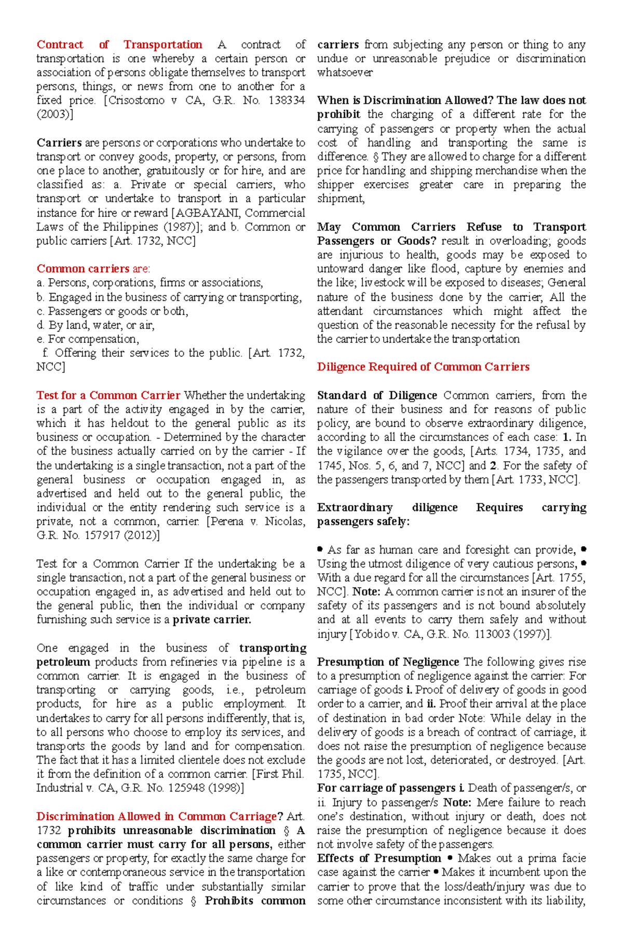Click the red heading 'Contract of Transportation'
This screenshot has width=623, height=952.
click(119, 45)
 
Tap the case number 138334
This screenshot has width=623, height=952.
click(287, 101)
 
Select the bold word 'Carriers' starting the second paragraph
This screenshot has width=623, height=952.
click(59, 143)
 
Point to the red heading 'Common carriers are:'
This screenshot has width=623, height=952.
click(93, 269)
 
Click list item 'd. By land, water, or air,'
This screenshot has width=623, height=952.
click(96, 325)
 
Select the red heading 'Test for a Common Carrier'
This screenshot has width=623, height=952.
click(108, 395)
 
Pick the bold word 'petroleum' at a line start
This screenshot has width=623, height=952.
click(63, 662)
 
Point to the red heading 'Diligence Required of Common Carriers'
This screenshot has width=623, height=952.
click(423, 367)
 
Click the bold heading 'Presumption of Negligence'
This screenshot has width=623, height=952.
click(388, 662)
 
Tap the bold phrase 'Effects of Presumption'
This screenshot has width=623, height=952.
click(379, 858)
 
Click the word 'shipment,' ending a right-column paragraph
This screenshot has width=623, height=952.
click(341, 199)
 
